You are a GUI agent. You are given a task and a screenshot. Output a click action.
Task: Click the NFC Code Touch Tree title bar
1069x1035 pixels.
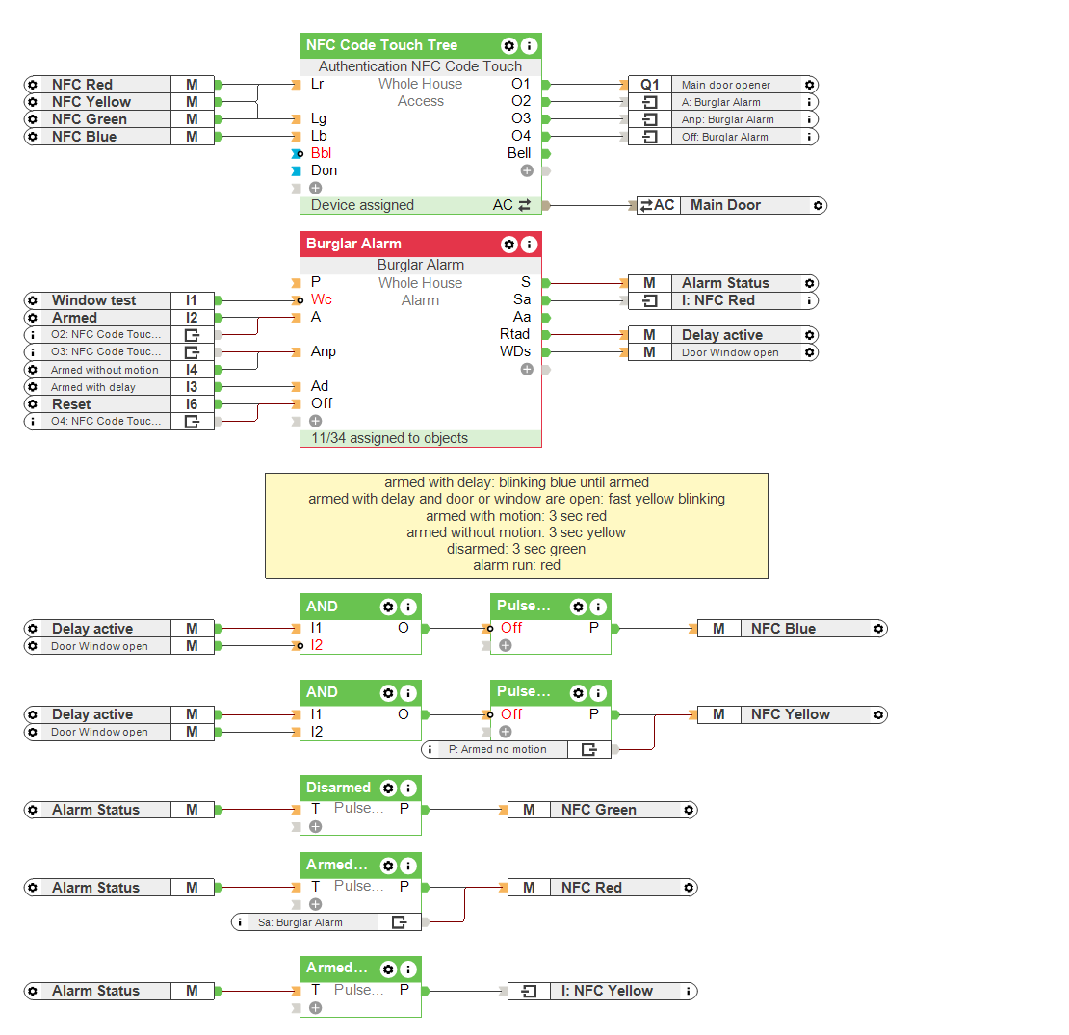point(381,45)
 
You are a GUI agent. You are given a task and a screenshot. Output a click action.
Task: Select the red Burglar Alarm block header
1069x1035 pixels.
point(353,244)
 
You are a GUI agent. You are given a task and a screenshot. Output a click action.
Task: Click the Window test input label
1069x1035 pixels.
point(93,300)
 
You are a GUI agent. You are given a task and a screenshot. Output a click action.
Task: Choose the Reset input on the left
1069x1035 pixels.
point(71,404)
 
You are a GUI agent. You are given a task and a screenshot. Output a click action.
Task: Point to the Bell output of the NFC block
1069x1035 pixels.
point(519,153)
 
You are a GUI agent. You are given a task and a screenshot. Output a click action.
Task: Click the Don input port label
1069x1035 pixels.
point(324,170)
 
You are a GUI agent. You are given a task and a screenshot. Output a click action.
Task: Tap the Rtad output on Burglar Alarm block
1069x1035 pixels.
point(515,334)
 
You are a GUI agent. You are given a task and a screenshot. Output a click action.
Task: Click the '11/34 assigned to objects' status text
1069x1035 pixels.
point(389,438)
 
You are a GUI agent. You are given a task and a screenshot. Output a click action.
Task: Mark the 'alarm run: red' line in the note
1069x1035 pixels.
point(516,565)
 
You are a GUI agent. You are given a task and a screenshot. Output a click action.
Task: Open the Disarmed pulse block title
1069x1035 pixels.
point(338,788)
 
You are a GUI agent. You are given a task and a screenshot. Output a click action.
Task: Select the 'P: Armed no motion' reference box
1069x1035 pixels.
point(497,749)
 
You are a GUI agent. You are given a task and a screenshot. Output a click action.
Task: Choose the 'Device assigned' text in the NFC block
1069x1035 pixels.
point(362,205)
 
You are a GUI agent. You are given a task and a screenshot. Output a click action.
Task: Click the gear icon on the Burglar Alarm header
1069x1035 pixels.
point(508,245)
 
